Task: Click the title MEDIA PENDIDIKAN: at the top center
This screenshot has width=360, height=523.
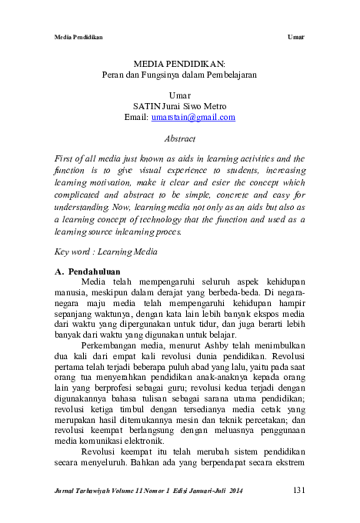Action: [179, 65]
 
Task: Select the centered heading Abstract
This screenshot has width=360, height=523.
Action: [179, 139]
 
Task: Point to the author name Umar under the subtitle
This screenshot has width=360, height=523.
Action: [179, 95]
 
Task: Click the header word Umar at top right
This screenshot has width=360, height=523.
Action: [296, 36]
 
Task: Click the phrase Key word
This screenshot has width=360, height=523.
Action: [72, 252]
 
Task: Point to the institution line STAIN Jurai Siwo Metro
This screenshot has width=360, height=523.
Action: [179, 106]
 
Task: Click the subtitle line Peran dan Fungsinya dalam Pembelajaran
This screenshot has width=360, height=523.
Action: [179, 76]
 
